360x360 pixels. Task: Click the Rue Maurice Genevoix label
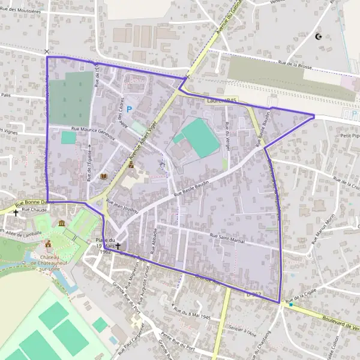90,128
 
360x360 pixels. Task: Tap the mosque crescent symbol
318,37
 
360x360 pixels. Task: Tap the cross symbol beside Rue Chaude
16,212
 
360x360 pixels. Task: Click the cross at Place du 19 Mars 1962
118,245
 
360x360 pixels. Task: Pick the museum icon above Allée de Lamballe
62,224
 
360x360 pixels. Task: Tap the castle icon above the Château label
49,244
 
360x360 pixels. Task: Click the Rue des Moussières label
20,11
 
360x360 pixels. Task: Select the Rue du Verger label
228,137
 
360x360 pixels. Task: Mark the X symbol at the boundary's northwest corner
47,52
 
